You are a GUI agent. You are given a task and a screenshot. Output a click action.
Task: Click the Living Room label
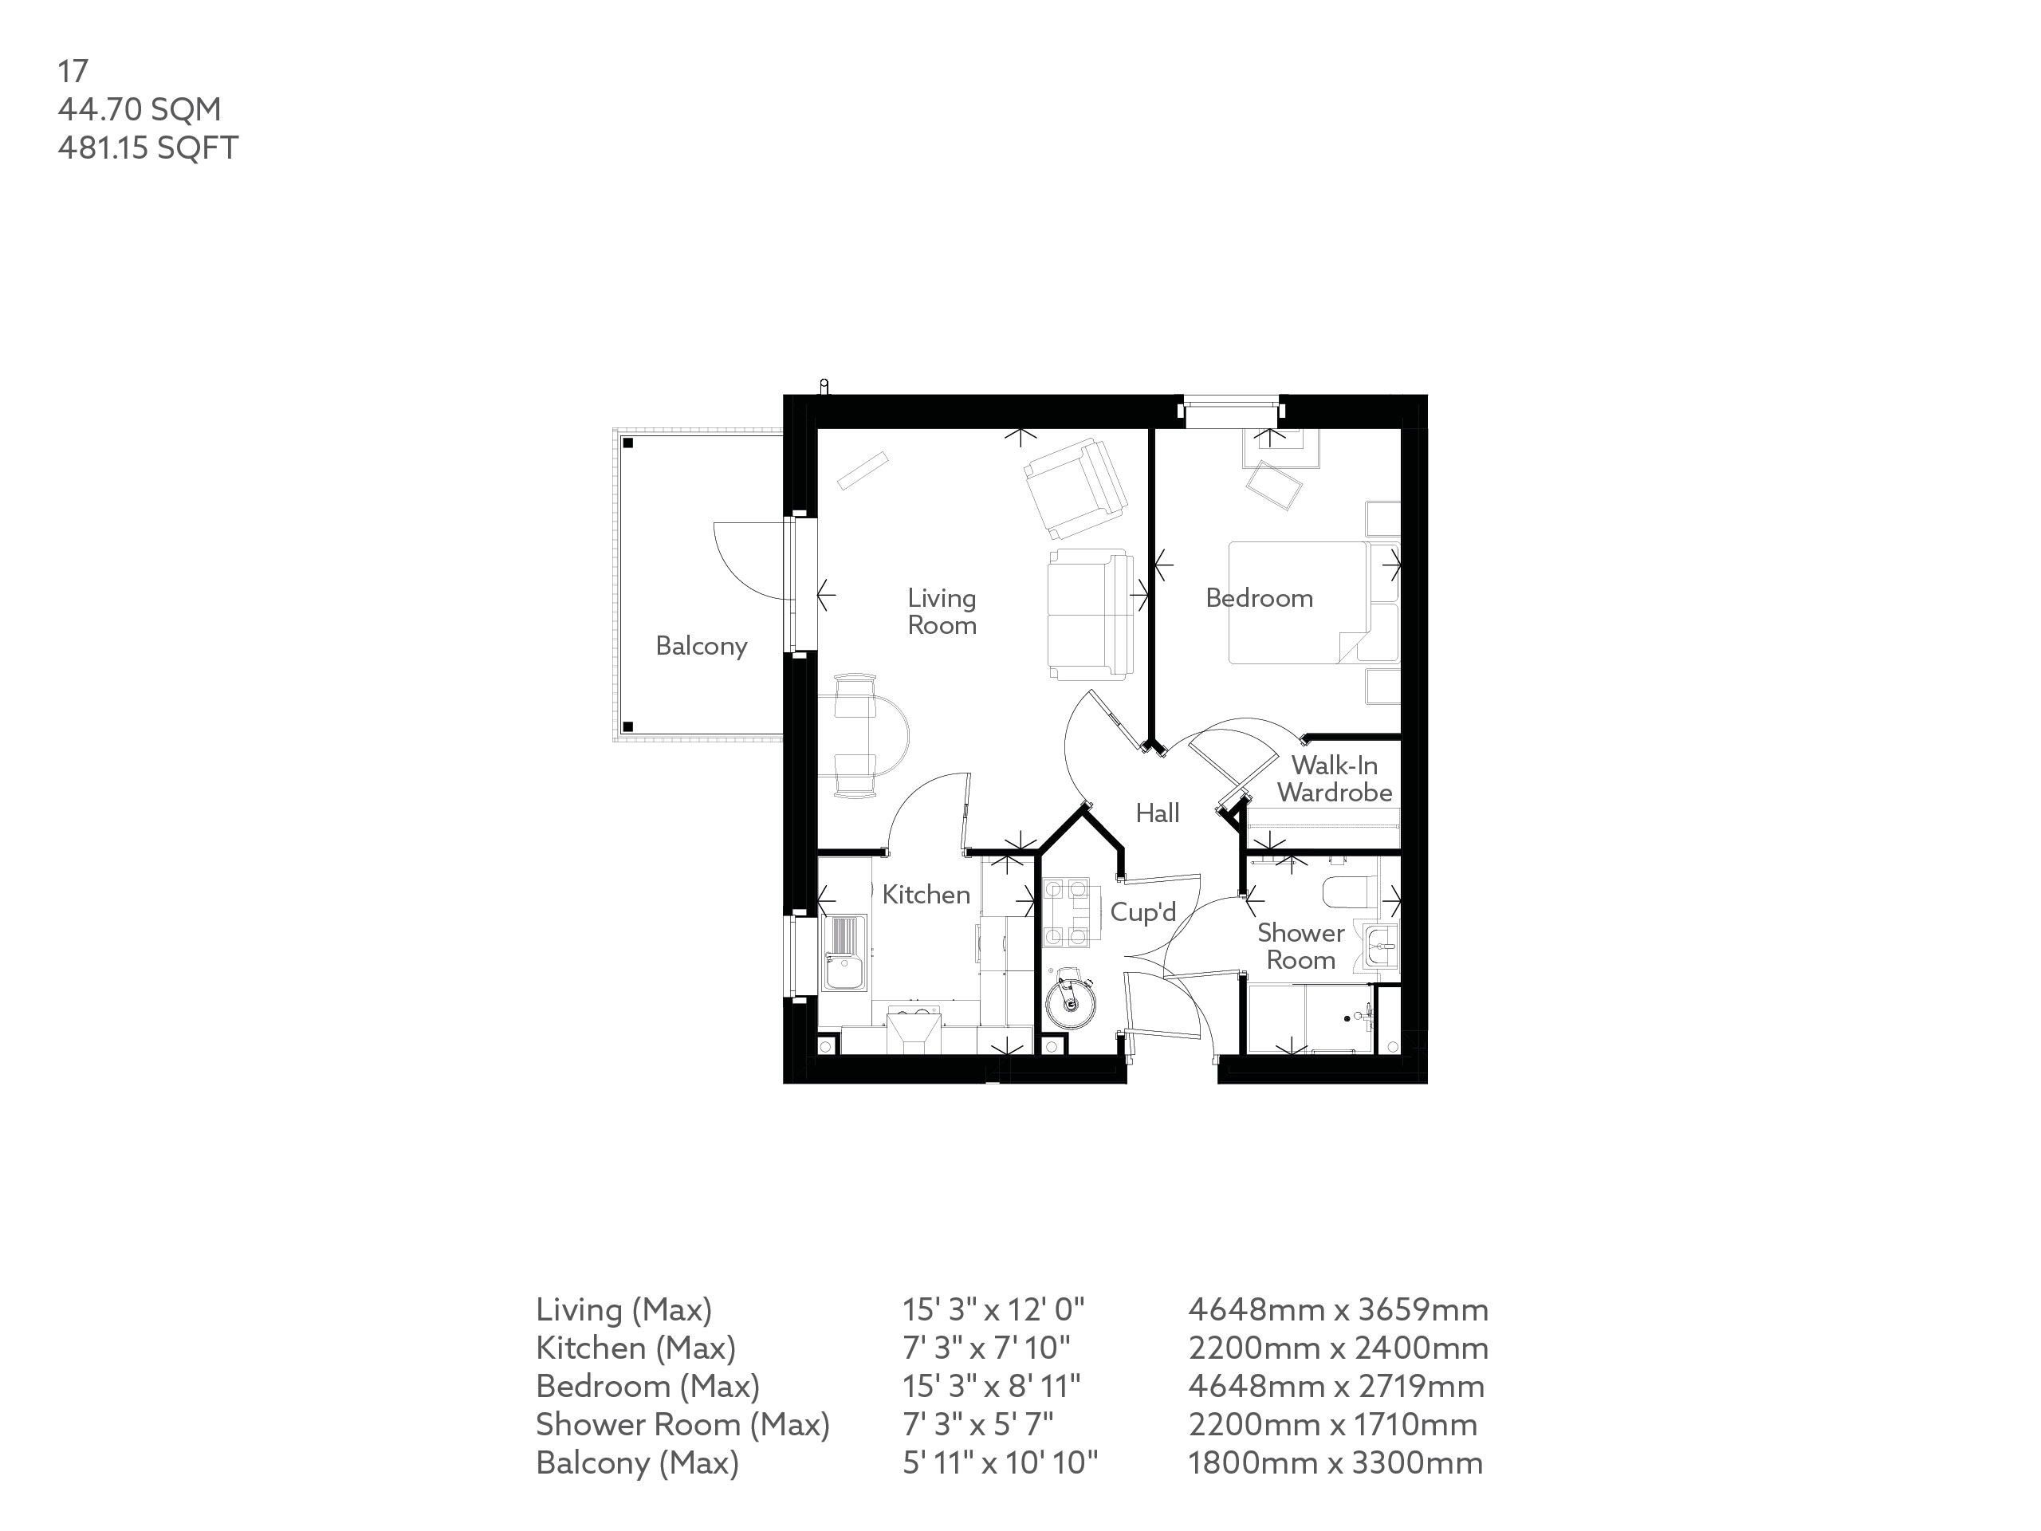tap(941, 612)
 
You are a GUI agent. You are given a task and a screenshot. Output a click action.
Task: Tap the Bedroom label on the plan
tap(1259, 598)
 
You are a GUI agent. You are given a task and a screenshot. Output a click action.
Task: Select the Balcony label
tap(702, 646)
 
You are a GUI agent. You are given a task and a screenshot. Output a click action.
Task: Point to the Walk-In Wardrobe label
tap(1334, 779)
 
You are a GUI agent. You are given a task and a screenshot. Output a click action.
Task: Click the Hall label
tap(1157, 813)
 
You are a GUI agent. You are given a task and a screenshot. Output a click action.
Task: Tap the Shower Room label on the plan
tap(1300, 947)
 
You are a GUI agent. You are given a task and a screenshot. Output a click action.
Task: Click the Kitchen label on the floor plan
tap(926, 894)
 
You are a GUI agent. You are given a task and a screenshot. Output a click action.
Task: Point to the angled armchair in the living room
tap(1076, 488)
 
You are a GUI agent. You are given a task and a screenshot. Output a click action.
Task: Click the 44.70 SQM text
tap(140, 109)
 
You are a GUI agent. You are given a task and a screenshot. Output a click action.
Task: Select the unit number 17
tap(73, 71)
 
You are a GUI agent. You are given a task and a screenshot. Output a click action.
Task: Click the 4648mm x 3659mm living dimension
tap(1338, 1309)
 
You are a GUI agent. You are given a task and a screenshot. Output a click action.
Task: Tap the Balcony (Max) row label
tap(638, 1462)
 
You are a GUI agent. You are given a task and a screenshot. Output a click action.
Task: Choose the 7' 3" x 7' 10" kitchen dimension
tap(985, 1348)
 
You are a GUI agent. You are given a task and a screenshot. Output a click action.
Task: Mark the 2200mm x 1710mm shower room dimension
tap(1332, 1425)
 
